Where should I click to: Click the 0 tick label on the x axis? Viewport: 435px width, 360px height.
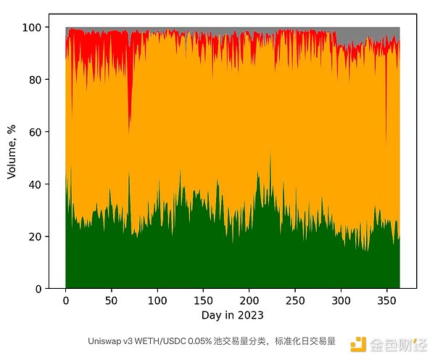(66, 300)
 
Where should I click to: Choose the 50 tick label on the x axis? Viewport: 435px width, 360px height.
(112, 300)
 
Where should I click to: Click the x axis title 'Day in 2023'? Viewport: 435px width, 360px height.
(232, 316)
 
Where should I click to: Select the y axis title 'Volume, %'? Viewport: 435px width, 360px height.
(12, 152)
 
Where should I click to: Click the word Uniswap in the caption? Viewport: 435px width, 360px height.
(103, 340)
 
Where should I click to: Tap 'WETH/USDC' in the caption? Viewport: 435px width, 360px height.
(156, 340)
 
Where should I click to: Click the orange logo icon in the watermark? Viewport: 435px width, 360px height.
(357, 344)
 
